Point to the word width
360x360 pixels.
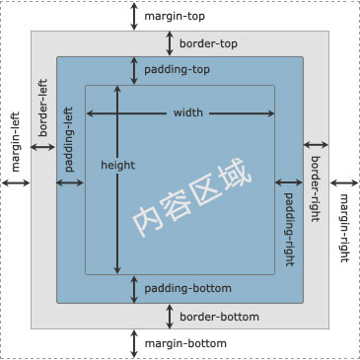pyautogui.click(x=187, y=112)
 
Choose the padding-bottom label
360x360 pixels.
pyautogui.click(x=187, y=289)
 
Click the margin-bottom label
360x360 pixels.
pyautogui.click(x=185, y=343)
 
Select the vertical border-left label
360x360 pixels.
pyautogui.click(x=43, y=108)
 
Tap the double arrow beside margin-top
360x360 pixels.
pyautogui.click(x=135, y=16)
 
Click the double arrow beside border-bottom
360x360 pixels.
pyautogui.click(x=169, y=317)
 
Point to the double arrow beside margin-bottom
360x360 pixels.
pyautogui.click(x=135, y=342)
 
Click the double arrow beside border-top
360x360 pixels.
pyautogui.click(x=169, y=43)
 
